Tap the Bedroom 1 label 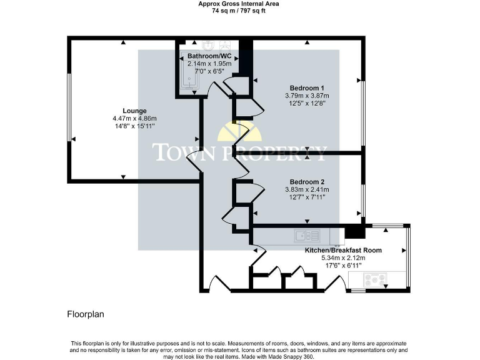click(x=306, y=87)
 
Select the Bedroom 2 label click(x=306, y=181)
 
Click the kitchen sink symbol click(x=308, y=236)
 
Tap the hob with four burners click(x=376, y=279)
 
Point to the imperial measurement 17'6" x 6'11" click(x=343, y=265)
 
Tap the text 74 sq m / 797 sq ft click(x=239, y=11)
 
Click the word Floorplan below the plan click(x=86, y=314)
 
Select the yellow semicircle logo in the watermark click(x=239, y=133)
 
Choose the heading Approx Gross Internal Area click(x=239, y=4)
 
